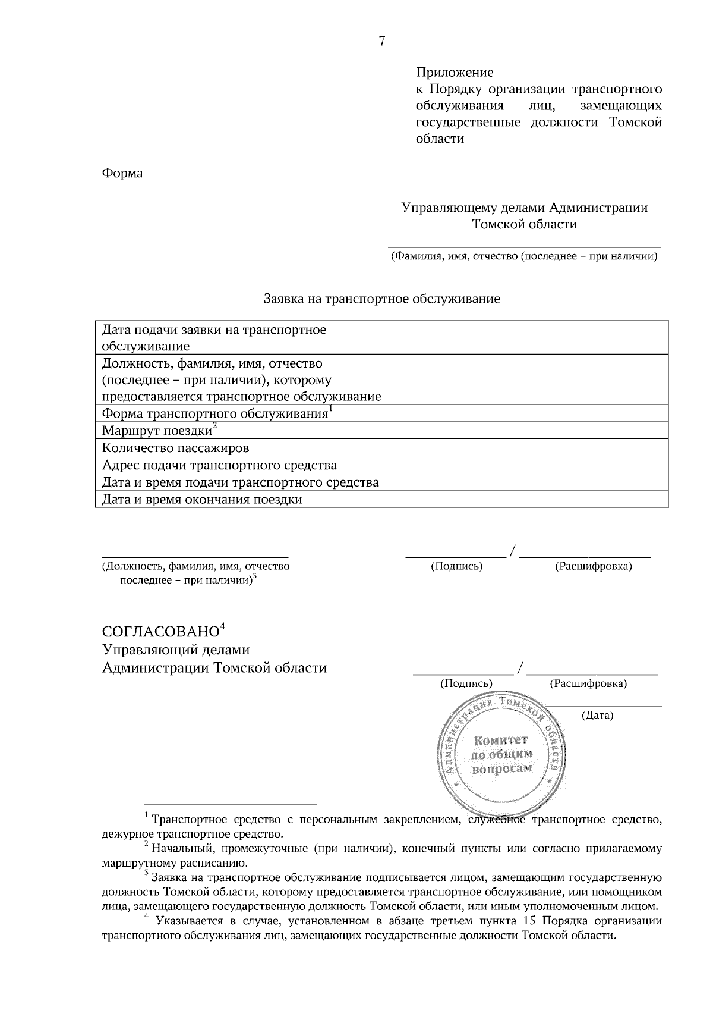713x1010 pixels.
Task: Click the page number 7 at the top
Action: (382, 41)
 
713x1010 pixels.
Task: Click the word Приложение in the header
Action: (454, 73)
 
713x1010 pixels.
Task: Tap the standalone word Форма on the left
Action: (122, 173)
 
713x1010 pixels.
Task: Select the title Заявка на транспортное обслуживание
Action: (381, 299)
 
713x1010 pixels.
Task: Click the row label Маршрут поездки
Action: (157, 431)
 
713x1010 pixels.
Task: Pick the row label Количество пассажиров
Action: (175, 448)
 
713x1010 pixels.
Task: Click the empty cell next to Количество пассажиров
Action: (533, 448)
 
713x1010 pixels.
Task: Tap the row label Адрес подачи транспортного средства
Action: (219, 465)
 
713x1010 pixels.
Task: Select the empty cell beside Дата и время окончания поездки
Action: (533, 499)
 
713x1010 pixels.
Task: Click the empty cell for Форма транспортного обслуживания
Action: (533, 413)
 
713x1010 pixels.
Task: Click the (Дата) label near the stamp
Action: (597, 715)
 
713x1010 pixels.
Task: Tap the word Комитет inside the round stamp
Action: (500, 740)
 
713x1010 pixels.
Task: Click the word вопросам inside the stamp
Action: (501, 769)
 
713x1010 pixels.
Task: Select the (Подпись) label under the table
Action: (456, 566)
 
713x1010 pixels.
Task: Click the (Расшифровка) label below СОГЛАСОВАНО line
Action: (588, 683)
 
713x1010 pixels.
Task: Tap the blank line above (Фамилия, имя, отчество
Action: (524, 245)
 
